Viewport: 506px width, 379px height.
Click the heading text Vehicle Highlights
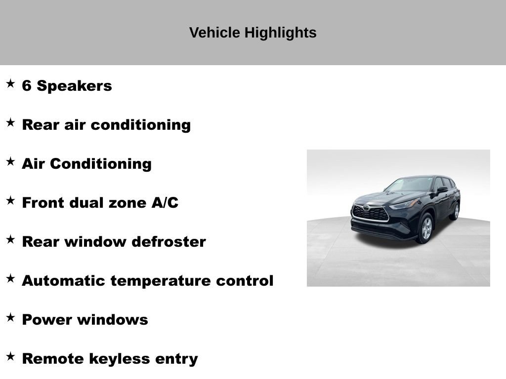pos(253,33)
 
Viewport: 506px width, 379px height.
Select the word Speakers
pos(74,86)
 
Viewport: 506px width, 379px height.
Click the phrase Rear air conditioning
pos(106,125)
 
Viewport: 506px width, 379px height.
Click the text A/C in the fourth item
pos(165,203)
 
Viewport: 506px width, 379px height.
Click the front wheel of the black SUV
pos(425,228)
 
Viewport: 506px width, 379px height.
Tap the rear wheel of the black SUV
pos(455,211)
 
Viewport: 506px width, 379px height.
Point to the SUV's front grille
pos(370,213)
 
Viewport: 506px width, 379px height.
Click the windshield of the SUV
pos(410,185)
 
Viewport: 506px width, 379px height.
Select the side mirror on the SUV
pos(441,189)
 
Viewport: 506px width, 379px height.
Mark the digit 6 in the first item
pos(27,86)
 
